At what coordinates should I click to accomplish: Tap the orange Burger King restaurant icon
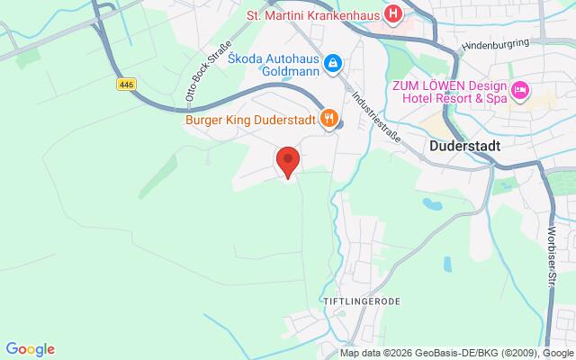(329, 117)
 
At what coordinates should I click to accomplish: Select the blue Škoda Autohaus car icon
(332, 61)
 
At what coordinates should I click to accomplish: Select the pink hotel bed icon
(520, 90)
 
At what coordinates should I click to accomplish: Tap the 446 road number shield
(126, 84)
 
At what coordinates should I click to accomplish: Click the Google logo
(30, 349)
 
